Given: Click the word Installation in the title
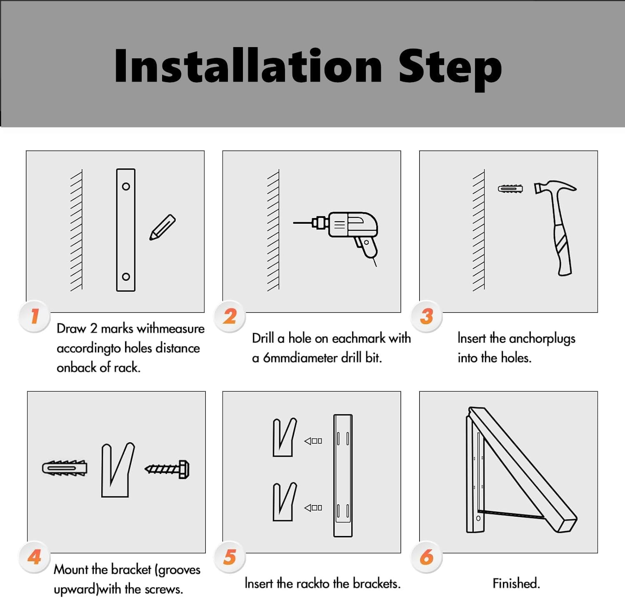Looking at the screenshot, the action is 248,65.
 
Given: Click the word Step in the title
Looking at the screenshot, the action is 450,69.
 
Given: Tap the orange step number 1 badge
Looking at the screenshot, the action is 35,316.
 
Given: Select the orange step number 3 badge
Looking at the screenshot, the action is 427,316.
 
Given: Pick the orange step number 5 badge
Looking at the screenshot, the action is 230,557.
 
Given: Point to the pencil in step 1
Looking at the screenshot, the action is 162,227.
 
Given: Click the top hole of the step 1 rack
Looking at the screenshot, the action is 126,186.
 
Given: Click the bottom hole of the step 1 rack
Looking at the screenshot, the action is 126,277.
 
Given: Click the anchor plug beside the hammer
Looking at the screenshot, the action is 510,189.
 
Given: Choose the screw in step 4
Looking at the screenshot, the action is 167,469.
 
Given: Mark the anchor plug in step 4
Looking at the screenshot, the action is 65,468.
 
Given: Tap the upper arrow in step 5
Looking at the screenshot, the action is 313,441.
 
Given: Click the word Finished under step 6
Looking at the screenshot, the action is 516,583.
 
